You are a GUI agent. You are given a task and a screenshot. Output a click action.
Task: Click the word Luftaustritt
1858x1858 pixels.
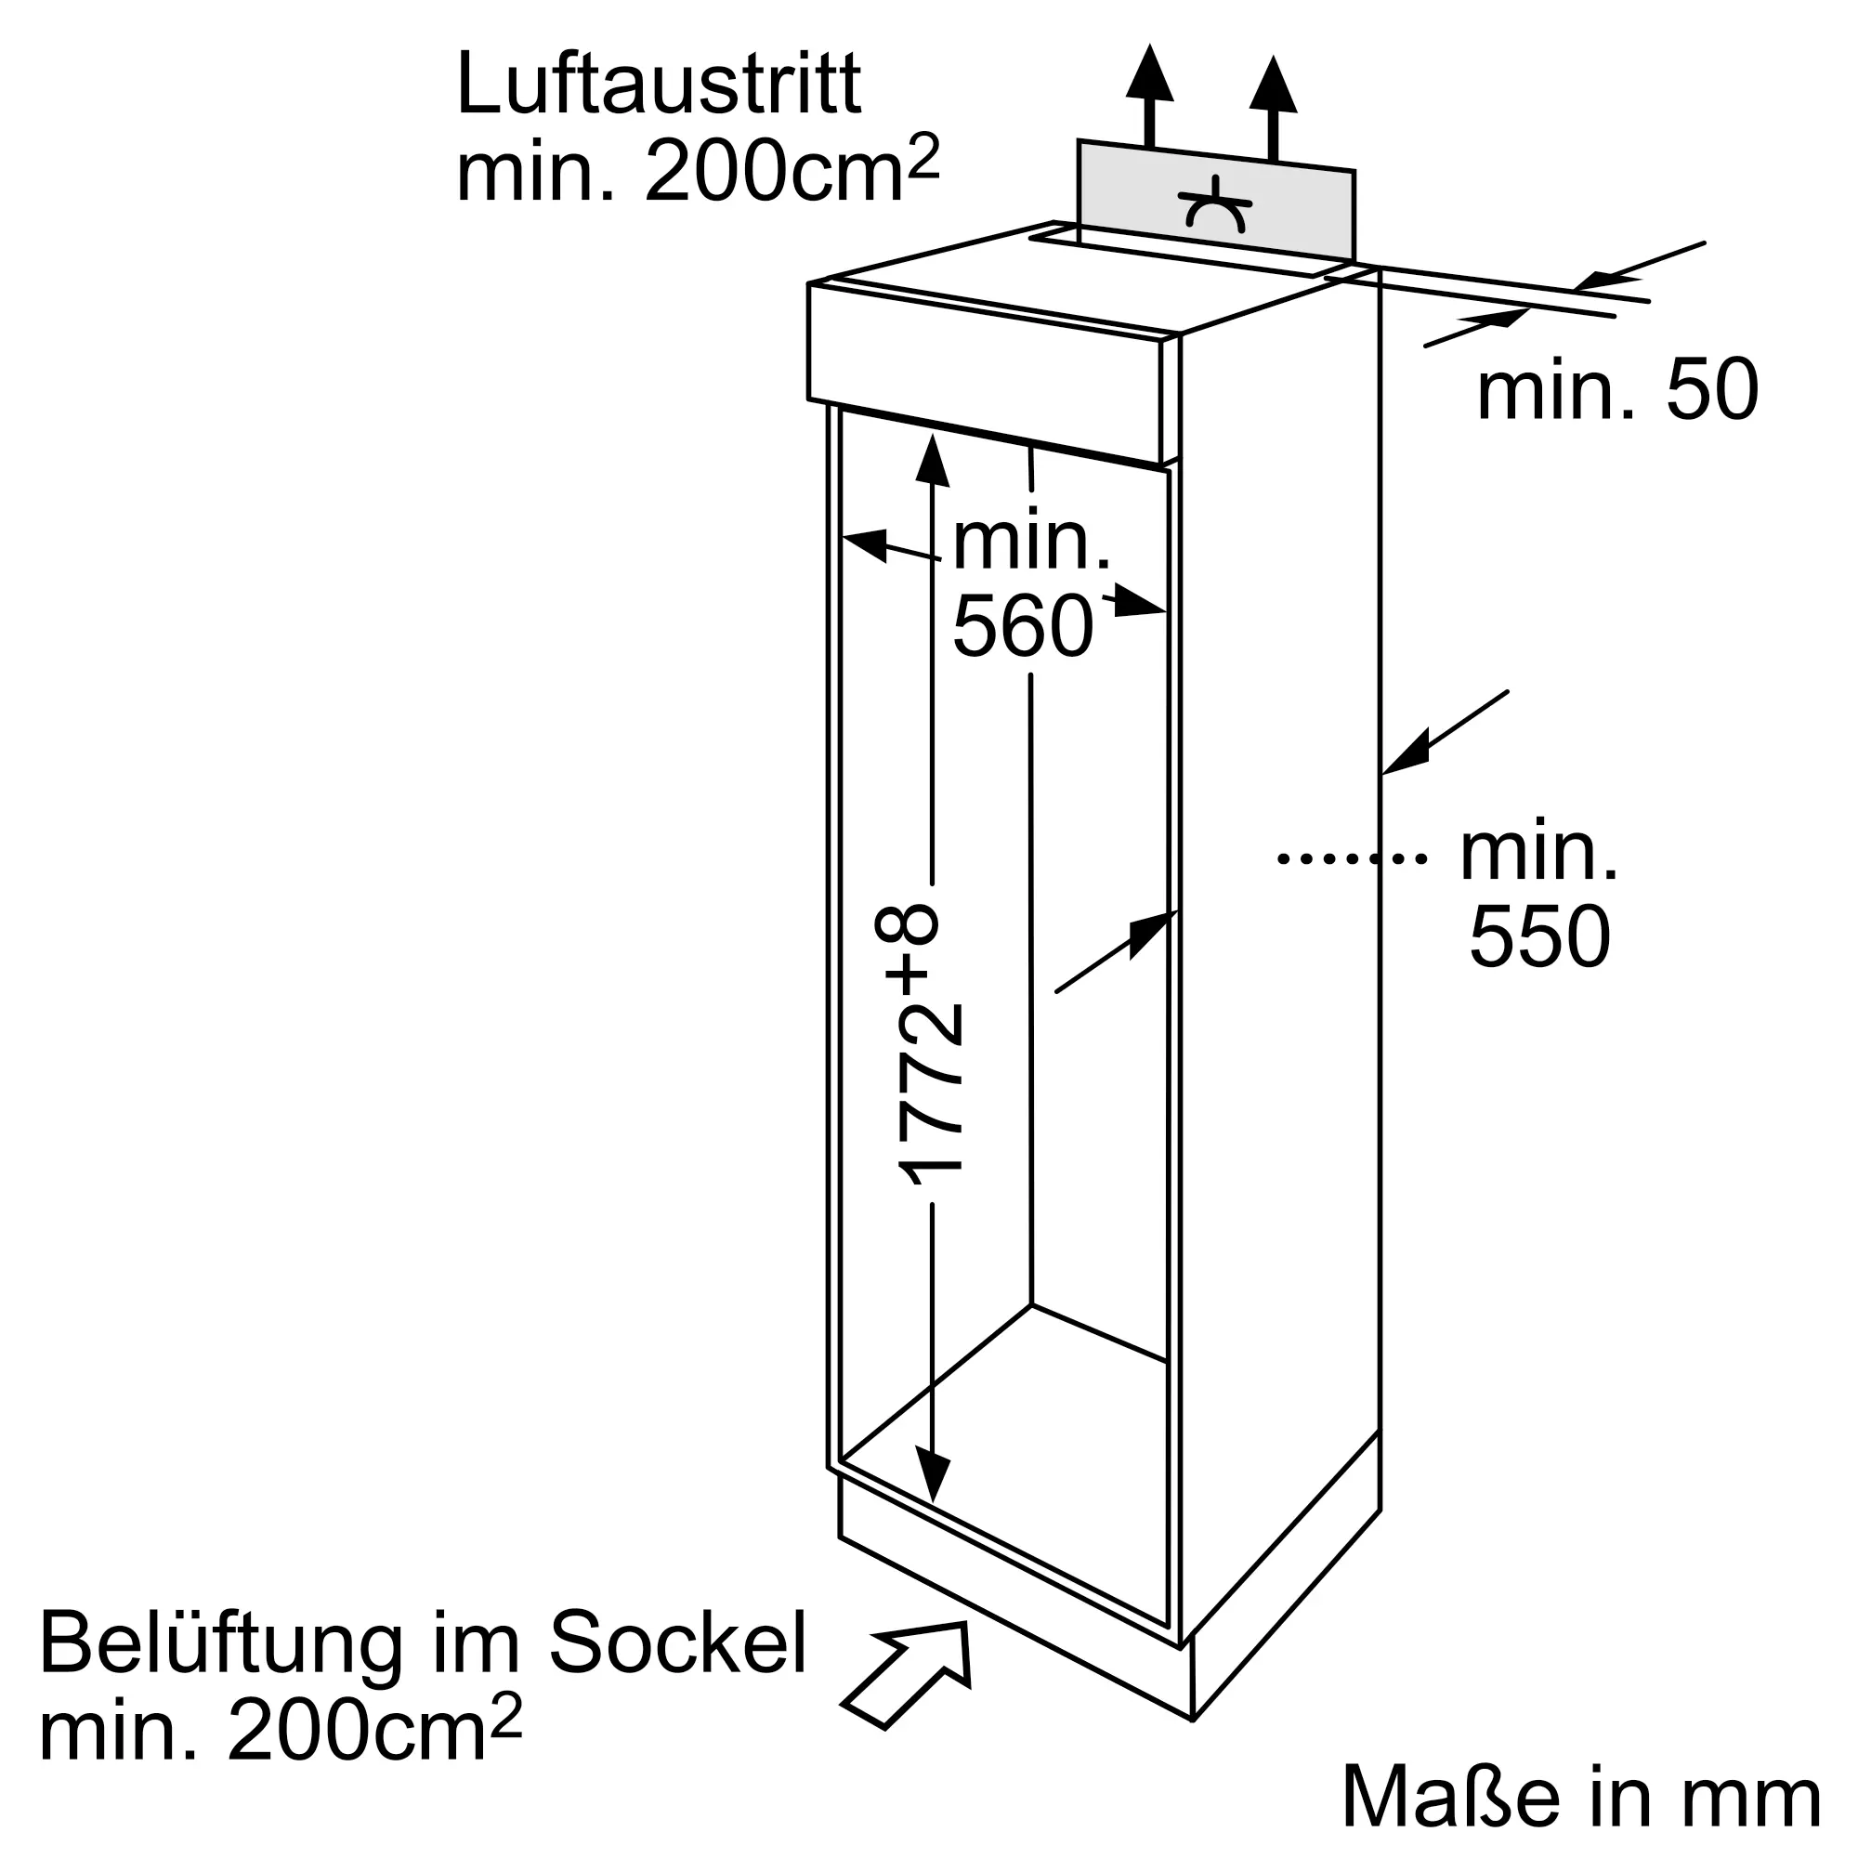(659, 85)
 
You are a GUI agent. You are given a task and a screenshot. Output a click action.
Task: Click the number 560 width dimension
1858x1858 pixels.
(1023, 626)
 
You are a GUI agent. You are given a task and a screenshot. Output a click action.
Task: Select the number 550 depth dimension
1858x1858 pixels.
(1539, 936)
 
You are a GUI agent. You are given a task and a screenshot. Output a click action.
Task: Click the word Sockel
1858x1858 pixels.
(678, 1643)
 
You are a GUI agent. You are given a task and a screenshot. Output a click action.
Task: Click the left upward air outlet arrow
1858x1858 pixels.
(1149, 95)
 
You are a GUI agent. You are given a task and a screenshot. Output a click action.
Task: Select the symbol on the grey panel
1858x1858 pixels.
(1215, 203)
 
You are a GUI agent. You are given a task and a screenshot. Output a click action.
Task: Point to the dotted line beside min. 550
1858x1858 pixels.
(1351, 857)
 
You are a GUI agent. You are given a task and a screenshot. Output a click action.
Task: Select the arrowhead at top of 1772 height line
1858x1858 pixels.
(932, 461)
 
